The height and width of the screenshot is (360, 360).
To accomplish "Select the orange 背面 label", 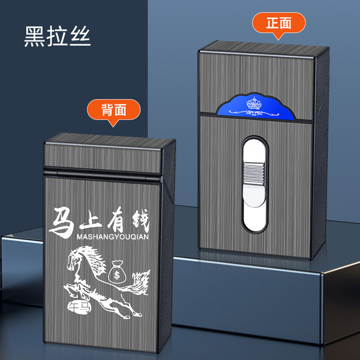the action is (x=114, y=109).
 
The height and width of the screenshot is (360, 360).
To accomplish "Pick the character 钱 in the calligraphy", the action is (x=138, y=220).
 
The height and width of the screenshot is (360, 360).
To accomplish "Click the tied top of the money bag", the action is (x=117, y=263).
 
